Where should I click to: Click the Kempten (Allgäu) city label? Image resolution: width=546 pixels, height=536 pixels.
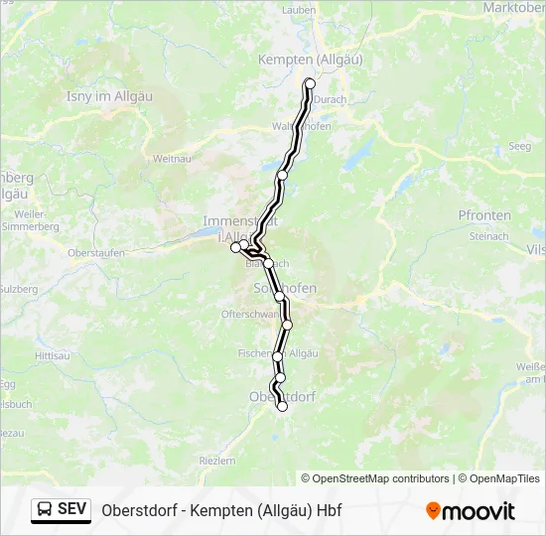tap(310, 60)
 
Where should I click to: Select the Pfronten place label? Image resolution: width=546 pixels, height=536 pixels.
tap(484, 215)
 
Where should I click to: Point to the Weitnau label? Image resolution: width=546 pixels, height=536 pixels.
tap(171, 158)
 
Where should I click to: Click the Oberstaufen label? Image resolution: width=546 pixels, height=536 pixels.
tap(95, 253)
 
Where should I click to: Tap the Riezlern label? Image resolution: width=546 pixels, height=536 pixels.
tap(217, 461)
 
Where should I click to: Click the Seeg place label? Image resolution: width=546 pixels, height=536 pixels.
tap(519, 146)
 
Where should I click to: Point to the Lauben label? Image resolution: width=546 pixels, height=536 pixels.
tap(298, 9)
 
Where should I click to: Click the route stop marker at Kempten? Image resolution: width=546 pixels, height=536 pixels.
tap(310, 83)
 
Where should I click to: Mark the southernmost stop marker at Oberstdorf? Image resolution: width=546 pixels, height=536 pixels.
tap(282, 406)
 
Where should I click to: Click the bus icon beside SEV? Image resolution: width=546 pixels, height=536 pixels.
tap(45, 510)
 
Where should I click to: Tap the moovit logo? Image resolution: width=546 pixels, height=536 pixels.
tap(471, 511)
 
